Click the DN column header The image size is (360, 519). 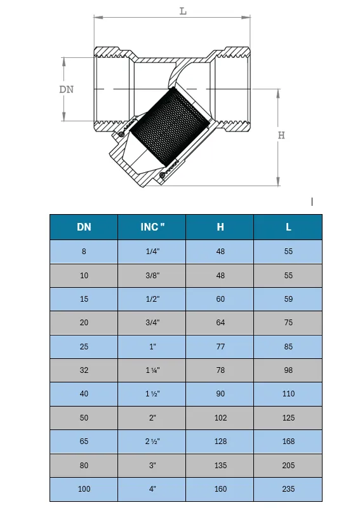pyautogui.click(x=84, y=227)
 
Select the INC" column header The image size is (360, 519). pyautogui.click(x=152, y=227)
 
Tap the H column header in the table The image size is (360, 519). pyautogui.click(x=220, y=227)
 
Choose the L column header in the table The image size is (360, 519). pyautogui.click(x=288, y=227)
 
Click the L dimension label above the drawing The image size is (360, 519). pyautogui.click(x=183, y=11)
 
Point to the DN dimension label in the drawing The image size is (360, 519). pyautogui.click(x=67, y=90)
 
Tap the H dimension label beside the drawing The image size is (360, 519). pyautogui.click(x=281, y=135)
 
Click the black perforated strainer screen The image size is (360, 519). pyautogui.click(x=170, y=127)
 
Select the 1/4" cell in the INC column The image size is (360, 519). pyautogui.click(x=152, y=252)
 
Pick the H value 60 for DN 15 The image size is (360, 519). pyautogui.click(x=220, y=299)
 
